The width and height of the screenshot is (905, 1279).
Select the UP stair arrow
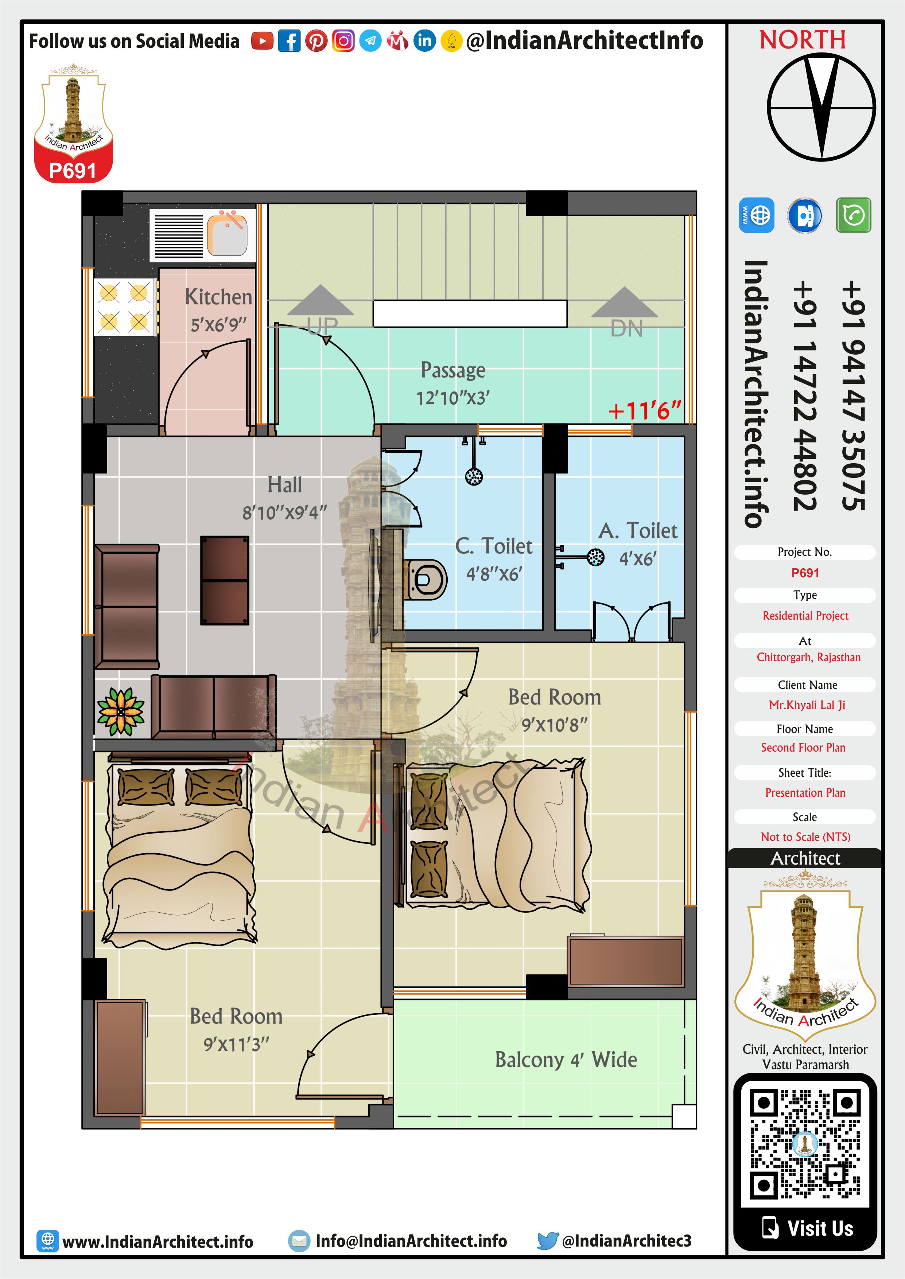pos(321,300)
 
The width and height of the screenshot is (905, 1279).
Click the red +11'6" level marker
pos(645,411)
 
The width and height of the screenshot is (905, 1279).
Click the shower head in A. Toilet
pos(596,557)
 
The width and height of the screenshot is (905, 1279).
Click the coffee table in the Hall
pos(225,580)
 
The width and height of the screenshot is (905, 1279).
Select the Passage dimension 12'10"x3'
pos(453,398)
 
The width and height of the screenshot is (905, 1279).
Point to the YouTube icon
pos(262,41)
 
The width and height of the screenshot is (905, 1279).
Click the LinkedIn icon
pos(425,41)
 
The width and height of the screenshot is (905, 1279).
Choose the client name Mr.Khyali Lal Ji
pos(807,705)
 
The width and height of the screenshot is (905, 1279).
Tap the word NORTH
pos(803,40)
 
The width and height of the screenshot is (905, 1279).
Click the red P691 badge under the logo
pos(73,171)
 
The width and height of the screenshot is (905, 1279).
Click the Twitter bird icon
pos(548,1241)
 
